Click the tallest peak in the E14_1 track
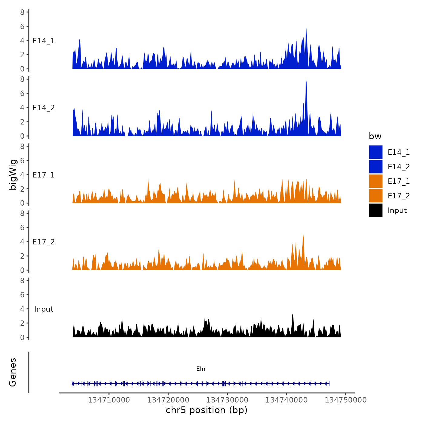(x=306, y=28)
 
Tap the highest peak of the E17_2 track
(x=303, y=235)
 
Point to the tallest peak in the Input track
(x=293, y=315)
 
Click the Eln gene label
(x=201, y=369)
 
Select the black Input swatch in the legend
(x=376, y=210)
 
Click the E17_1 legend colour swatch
(x=376, y=181)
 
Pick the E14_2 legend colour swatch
(x=376, y=167)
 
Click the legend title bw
(x=375, y=136)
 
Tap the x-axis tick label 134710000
(x=109, y=400)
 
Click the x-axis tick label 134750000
(x=346, y=400)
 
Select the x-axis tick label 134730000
(x=227, y=400)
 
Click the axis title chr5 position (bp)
(x=207, y=410)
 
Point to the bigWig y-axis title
(x=13, y=174)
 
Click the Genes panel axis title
(x=13, y=372)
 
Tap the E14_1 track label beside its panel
(x=44, y=41)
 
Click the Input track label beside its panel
(x=44, y=309)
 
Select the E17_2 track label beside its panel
(x=44, y=242)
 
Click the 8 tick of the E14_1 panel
(x=22, y=12)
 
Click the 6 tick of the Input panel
(x=22, y=295)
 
